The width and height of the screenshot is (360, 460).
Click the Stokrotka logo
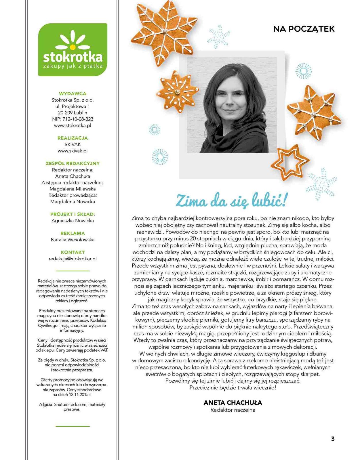[x=73, y=50]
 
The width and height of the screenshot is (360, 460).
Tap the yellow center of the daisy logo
[x=73, y=46]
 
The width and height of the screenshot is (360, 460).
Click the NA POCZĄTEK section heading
[x=304, y=29]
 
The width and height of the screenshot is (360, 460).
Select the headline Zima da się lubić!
[x=231, y=201]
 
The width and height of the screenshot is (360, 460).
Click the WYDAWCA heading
[x=73, y=93]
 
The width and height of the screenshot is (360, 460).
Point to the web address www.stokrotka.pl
[x=73, y=125]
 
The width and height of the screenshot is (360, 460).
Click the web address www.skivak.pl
[x=73, y=151]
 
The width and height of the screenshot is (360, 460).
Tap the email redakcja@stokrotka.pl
[x=73, y=259]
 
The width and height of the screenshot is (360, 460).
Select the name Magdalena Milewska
[x=73, y=189]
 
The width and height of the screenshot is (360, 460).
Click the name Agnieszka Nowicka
[x=73, y=221]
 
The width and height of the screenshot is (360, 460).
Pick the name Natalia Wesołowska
[x=73, y=240]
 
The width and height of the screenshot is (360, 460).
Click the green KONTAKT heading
[x=73, y=252]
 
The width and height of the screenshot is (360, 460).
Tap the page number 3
[x=333, y=439]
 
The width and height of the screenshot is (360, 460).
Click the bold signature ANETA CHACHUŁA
[x=233, y=403]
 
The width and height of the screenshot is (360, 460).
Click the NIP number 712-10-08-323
[x=78, y=119]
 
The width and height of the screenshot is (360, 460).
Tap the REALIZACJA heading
[x=73, y=138]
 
